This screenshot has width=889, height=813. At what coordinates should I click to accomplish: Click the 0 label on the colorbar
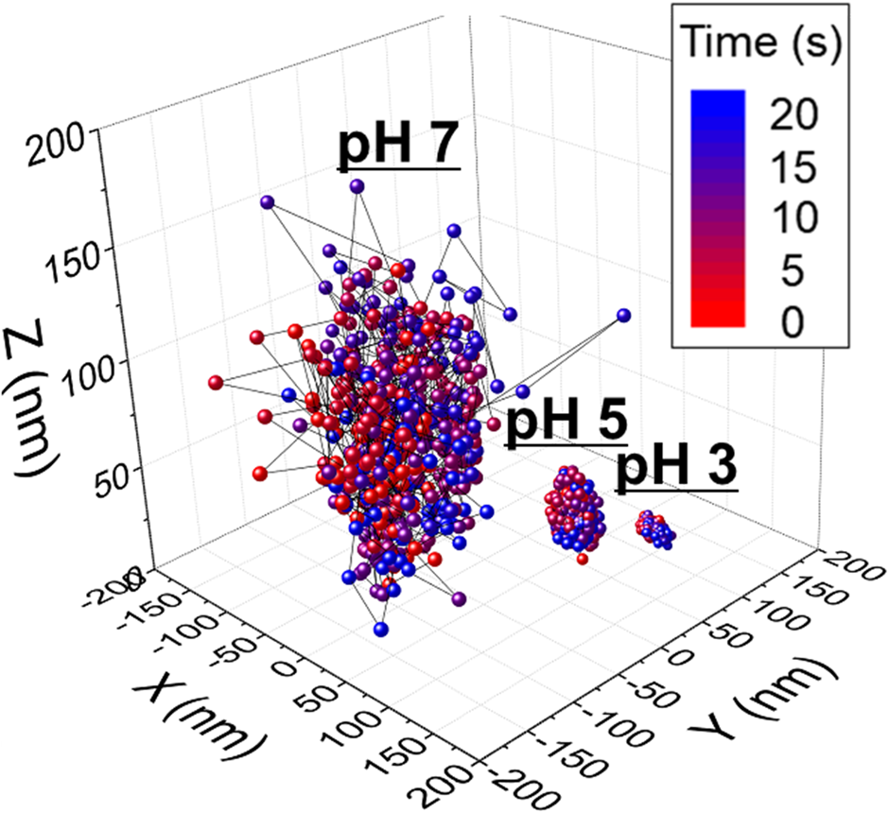point(793,322)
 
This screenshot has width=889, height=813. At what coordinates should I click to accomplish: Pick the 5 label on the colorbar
point(793,271)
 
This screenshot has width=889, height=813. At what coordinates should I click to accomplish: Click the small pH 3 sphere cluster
point(655,528)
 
